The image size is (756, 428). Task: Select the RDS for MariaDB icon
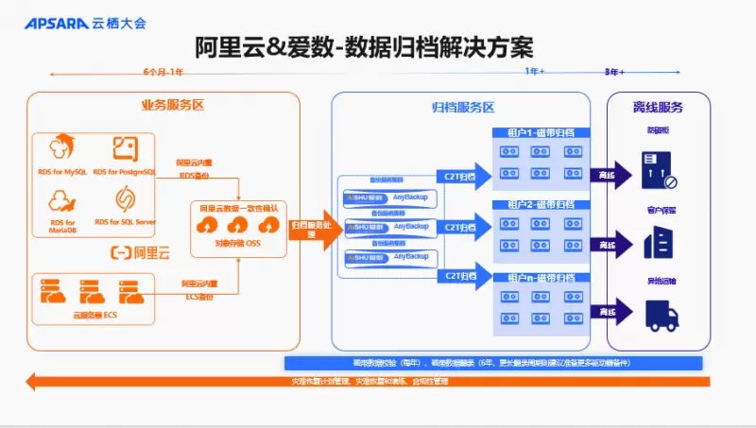(61, 200)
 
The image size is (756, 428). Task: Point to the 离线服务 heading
(658, 107)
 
